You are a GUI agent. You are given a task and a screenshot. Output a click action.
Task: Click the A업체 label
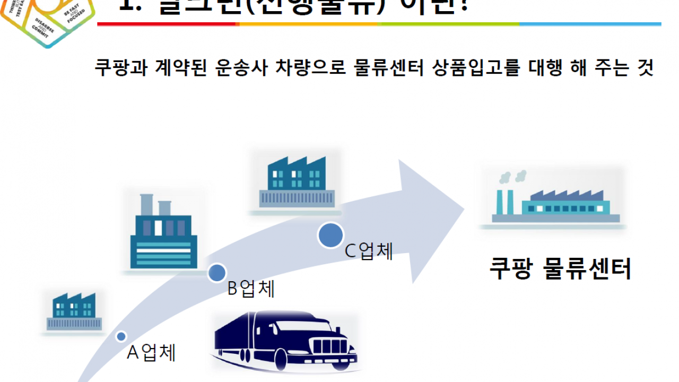coord(151,353)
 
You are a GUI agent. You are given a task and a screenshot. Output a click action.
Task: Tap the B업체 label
coord(251,289)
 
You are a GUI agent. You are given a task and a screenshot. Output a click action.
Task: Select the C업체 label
coord(369,251)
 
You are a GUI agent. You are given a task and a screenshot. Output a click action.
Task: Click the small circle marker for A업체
coord(121,336)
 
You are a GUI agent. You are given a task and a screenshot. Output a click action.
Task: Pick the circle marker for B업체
coord(216,272)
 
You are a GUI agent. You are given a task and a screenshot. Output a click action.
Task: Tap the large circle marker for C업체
coord(331,235)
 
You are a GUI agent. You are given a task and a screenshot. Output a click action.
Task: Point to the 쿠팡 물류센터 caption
coord(560,269)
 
